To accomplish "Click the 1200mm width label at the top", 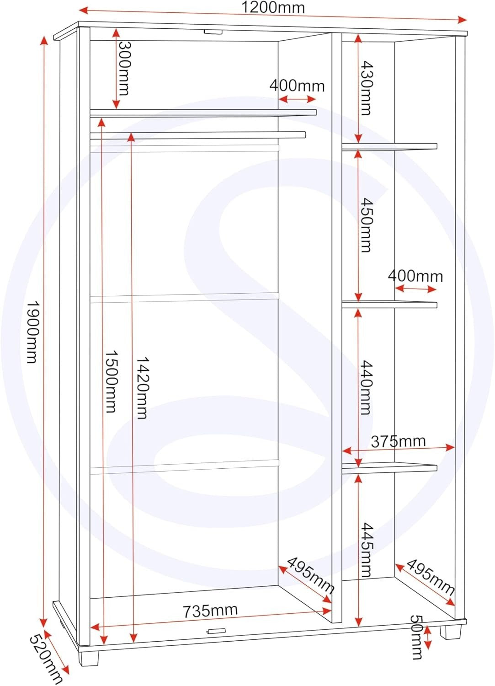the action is pyautogui.click(x=273, y=8).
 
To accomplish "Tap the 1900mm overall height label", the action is pyautogui.click(x=32, y=332).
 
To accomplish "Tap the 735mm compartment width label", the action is pyautogui.click(x=210, y=611).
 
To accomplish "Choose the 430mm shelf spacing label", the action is pyautogui.click(x=366, y=88).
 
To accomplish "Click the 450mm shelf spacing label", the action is pyautogui.click(x=366, y=225).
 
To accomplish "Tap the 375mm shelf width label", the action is pyautogui.click(x=398, y=441).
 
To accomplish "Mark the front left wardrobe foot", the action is pyautogui.click(x=90, y=655).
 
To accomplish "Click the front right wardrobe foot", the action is pyautogui.click(x=450, y=632).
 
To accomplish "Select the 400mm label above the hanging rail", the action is pyautogui.click(x=297, y=86).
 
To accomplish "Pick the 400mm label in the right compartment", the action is pyautogui.click(x=415, y=276).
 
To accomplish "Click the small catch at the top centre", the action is pyautogui.click(x=213, y=32).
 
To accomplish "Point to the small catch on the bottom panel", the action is pyautogui.click(x=217, y=631).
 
